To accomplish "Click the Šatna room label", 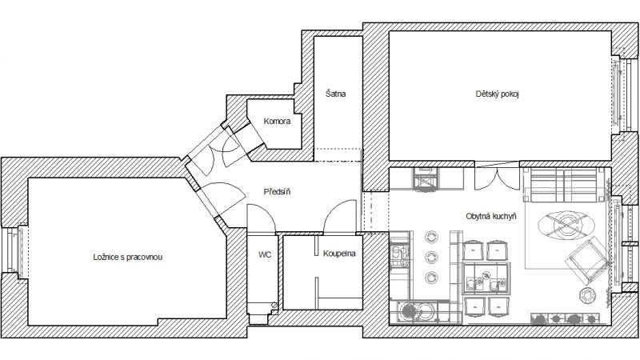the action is pyautogui.click(x=335, y=94).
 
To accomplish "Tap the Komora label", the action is pyautogui.click(x=277, y=122).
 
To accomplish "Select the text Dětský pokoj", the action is pyautogui.click(x=497, y=94).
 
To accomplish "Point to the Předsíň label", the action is pyautogui.click(x=277, y=191).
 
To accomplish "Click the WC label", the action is pyautogui.click(x=265, y=255).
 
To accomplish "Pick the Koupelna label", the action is pyautogui.click(x=339, y=254).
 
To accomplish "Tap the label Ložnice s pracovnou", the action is pyautogui.click(x=128, y=257).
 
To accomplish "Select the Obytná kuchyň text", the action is pyautogui.click(x=491, y=216).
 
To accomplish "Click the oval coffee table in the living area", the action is pyautogui.click(x=565, y=225).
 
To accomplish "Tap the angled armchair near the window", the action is pyautogui.click(x=586, y=262).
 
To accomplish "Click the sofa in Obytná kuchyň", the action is pyautogui.click(x=564, y=185).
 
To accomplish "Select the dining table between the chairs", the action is pyautogui.click(x=486, y=278).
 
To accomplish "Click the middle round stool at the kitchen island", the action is pyautogui.click(x=431, y=257).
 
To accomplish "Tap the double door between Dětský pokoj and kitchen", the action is pyautogui.click(x=497, y=177).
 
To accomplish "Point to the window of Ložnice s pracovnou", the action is pyautogui.click(x=15, y=250).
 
